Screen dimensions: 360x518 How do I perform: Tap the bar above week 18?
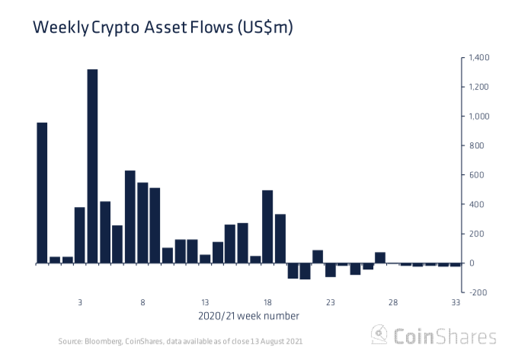(x=267, y=226)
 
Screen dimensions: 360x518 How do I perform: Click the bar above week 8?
(x=142, y=222)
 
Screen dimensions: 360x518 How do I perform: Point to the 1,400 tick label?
(x=479, y=58)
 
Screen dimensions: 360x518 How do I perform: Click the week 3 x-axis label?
(x=80, y=302)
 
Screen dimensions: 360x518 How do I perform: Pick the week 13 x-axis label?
(x=205, y=302)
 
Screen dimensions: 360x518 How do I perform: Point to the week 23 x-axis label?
(x=330, y=302)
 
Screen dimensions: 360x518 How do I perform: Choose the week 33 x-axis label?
(x=456, y=302)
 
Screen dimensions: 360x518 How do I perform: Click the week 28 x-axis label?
(x=393, y=302)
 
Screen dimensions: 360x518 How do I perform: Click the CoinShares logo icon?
(x=379, y=336)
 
